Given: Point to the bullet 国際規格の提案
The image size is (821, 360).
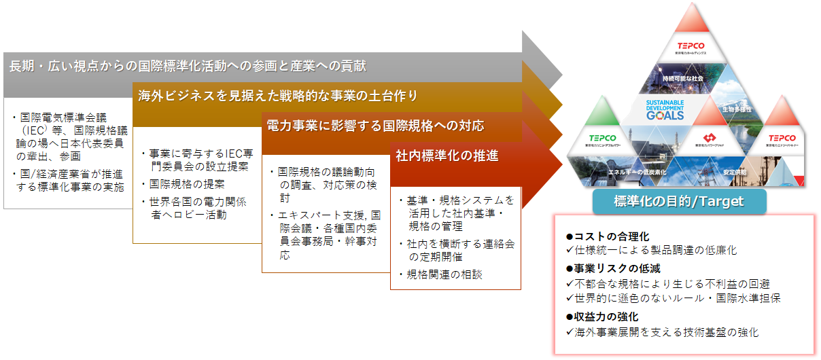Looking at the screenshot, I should click(186, 184).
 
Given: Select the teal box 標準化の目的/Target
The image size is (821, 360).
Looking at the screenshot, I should click(679, 201).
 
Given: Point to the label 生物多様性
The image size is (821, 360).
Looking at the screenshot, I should click(737, 109).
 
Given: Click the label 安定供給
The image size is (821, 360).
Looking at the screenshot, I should click(735, 172).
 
